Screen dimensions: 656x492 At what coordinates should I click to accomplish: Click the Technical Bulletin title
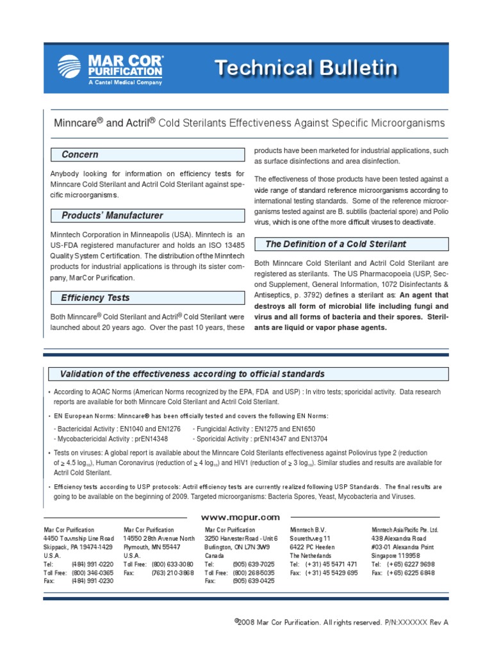[306, 68]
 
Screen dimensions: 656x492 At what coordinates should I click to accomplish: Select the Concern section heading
[80, 154]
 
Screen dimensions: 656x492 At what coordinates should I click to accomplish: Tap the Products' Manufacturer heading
[112, 215]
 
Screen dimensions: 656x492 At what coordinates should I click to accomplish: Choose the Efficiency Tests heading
[95, 297]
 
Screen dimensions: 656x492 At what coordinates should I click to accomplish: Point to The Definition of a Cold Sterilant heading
[336, 244]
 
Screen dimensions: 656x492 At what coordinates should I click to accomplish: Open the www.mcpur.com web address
[241, 517]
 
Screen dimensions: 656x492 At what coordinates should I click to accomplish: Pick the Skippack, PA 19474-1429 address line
[78, 547]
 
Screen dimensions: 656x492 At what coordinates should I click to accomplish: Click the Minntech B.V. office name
[308, 530]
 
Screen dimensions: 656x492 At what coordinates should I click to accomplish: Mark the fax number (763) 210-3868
[172, 573]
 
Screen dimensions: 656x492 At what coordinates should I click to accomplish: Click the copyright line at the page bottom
[337, 622]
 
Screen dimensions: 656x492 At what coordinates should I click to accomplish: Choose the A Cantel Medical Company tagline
[126, 82]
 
